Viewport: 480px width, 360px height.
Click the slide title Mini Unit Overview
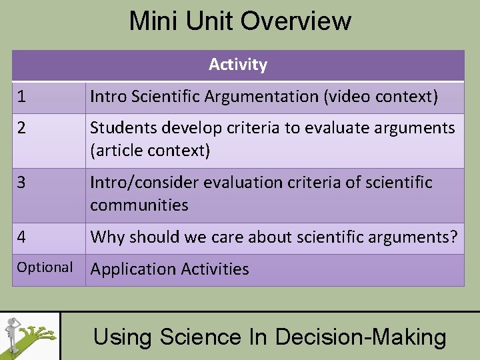pos(240,21)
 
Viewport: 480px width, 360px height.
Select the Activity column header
pos(238,65)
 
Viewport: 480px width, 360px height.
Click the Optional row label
pos(45,267)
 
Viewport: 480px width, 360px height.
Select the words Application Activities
pos(169,269)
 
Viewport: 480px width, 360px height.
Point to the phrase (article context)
pos(150,151)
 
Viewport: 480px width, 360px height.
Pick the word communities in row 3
pos(139,205)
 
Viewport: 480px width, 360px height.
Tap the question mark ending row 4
pos(454,237)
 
